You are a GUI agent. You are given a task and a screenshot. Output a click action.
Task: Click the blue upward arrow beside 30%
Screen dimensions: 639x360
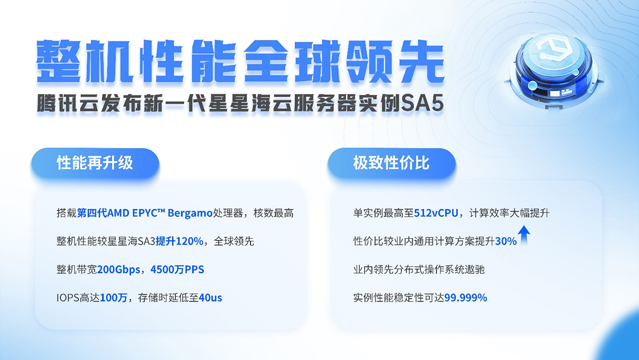point(524,235)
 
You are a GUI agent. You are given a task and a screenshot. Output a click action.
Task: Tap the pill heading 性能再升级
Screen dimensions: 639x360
point(95,163)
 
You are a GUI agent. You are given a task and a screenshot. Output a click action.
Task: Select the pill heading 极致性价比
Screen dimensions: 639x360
point(391,163)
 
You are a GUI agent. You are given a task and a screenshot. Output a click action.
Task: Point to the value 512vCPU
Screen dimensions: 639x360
point(436,213)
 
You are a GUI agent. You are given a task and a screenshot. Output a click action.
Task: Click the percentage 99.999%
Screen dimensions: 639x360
point(465,298)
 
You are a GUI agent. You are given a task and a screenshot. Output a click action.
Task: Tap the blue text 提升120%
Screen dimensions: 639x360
point(179,241)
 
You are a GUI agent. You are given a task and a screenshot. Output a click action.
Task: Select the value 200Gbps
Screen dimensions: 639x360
point(119,269)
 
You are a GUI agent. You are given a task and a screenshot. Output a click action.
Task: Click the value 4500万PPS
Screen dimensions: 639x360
point(177,269)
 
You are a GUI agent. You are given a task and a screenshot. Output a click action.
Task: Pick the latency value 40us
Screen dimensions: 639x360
point(210,298)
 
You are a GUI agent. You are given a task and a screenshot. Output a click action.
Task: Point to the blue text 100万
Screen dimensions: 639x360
point(113,298)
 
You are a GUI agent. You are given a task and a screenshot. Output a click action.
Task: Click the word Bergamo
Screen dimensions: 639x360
point(190,214)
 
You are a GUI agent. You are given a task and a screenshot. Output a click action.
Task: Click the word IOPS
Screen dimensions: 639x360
point(68,298)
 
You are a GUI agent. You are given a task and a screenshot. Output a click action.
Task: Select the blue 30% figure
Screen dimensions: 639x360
point(506,241)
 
